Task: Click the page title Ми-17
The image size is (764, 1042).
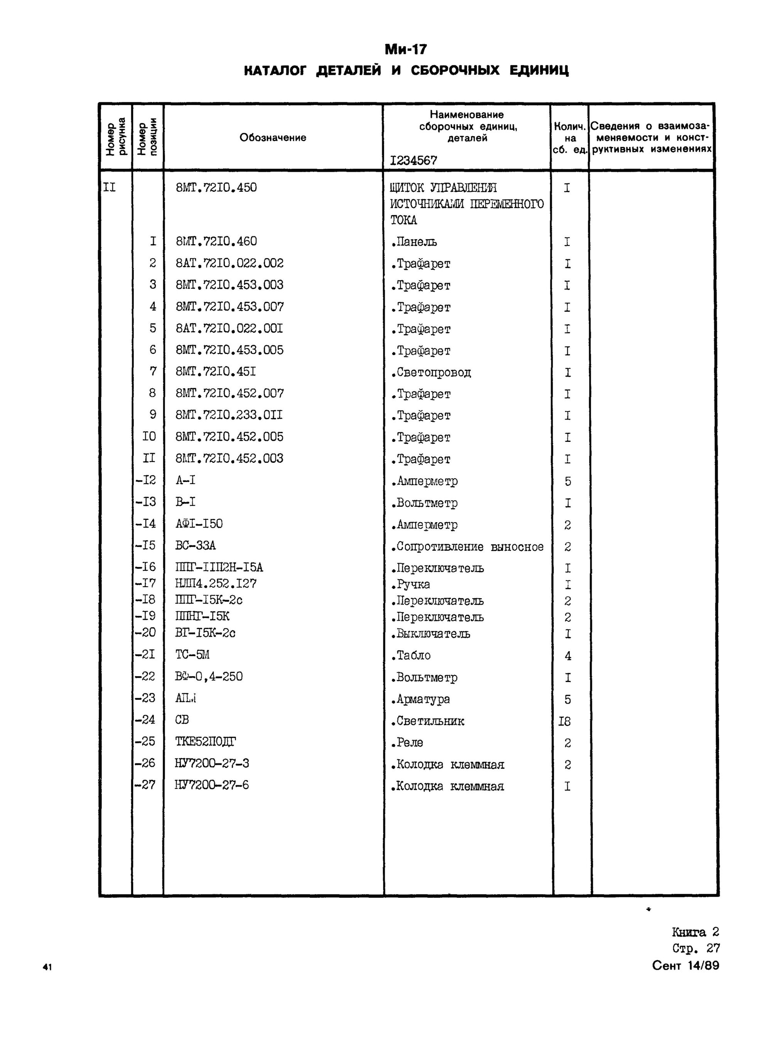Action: point(406,49)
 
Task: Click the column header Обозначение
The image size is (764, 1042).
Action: point(272,137)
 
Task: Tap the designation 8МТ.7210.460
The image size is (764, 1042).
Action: point(216,242)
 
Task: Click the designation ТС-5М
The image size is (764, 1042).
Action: point(193,655)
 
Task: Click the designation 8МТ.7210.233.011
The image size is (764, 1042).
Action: point(229,415)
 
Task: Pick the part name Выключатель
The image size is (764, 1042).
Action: point(433,634)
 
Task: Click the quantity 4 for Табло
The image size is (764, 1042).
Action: point(568,656)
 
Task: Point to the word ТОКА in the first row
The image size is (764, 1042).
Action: point(403,220)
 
